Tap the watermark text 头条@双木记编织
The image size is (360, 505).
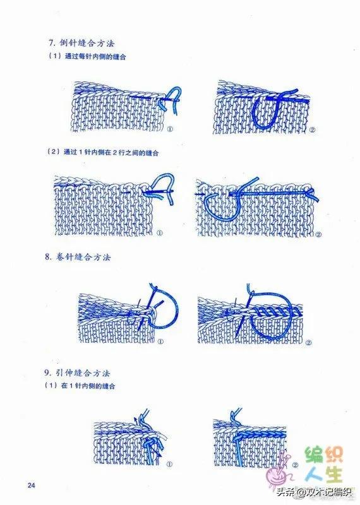pyautogui.click(x=314, y=492)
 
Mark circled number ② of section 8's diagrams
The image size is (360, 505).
pyautogui.click(x=309, y=343)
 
